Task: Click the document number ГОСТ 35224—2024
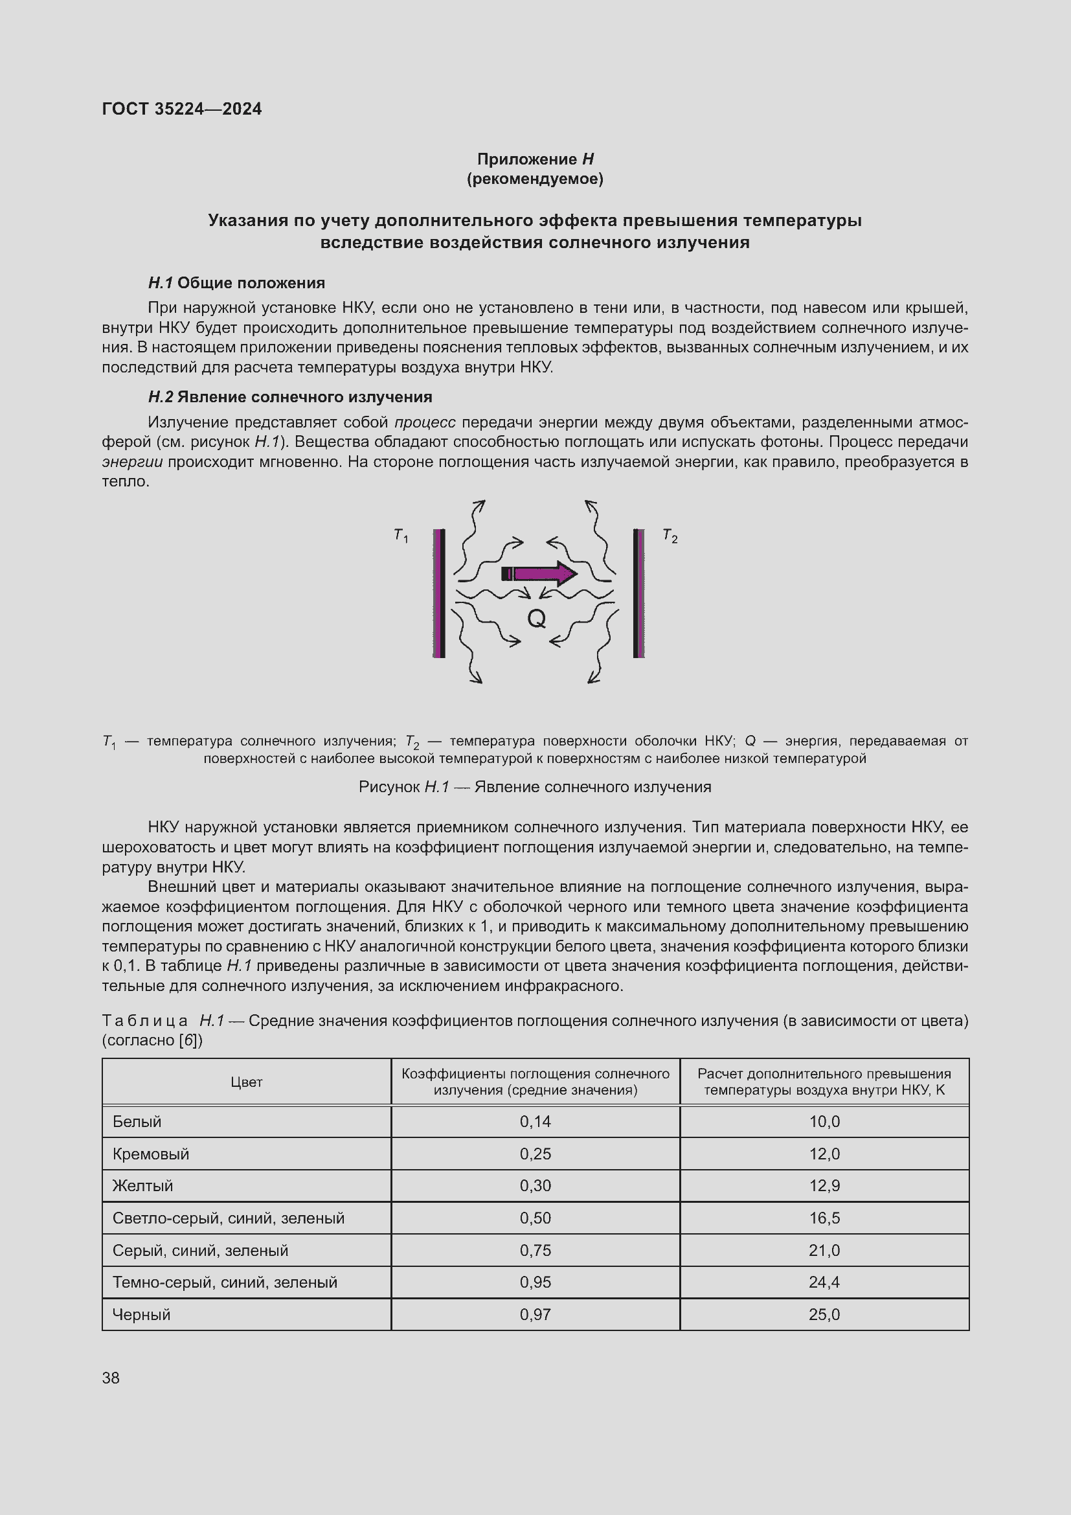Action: [x=182, y=109]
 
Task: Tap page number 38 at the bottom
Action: [x=111, y=1378]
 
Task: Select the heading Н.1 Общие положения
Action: [x=236, y=283]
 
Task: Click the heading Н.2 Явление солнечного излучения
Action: [x=290, y=396]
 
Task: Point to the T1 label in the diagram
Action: [x=401, y=536]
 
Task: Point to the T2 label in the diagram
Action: [x=670, y=536]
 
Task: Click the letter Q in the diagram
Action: [x=536, y=619]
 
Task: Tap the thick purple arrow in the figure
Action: [x=539, y=573]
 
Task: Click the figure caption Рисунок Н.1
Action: [x=535, y=786]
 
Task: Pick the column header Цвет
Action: [x=247, y=1082]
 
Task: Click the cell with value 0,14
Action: [x=535, y=1122]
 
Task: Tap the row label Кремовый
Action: [x=151, y=1154]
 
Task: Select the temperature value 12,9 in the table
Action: [x=824, y=1186]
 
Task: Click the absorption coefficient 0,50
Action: [x=535, y=1218]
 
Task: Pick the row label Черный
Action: [x=142, y=1314]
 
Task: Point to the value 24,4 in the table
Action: [x=824, y=1282]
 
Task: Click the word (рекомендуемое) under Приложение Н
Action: [x=535, y=179]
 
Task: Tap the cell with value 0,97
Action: [x=535, y=1314]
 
